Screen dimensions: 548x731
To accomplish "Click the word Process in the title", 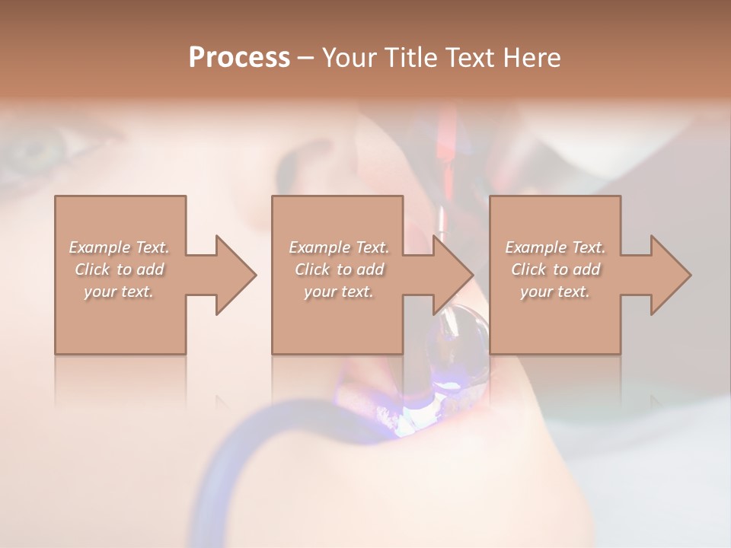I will (x=239, y=57).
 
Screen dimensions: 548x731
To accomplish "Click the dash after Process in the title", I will (x=305, y=58).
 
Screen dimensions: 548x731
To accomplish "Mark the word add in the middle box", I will (x=369, y=269).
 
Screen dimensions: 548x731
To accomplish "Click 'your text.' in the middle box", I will (x=338, y=292).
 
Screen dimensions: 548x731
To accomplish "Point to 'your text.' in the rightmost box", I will (x=554, y=292).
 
